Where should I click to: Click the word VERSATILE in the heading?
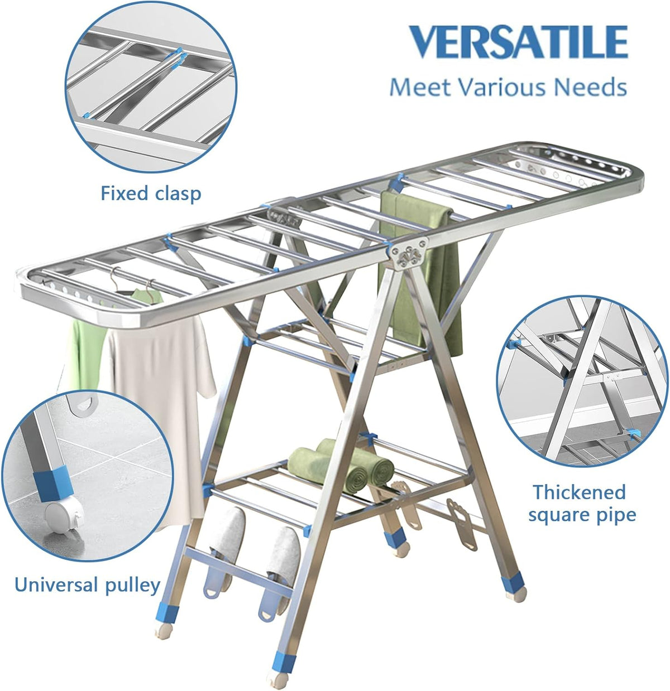click(x=518, y=41)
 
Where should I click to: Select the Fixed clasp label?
click(x=151, y=194)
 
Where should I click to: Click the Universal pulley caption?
click(x=87, y=585)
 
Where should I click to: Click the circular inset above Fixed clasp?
click(x=151, y=86)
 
